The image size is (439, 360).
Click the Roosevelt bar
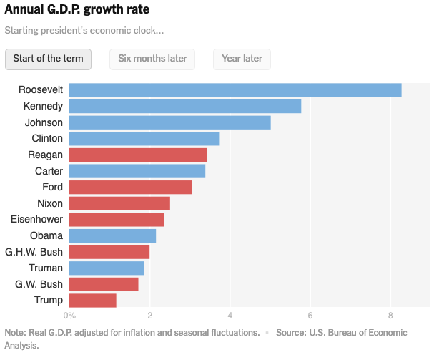[x=235, y=90]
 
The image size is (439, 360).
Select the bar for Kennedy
[x=185, y=107]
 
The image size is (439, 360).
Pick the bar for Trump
[x=93, y=300]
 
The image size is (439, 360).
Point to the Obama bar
[x=112, y=235]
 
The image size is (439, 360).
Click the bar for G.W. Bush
[x=104, y=284]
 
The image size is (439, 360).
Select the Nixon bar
[x=119, y=203]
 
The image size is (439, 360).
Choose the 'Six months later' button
[x=152, y=59]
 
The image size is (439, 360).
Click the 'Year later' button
[x=242, y=59]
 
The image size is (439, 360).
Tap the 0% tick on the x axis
[x=69, y=315]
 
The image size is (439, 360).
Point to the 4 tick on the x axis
[x=230, y=315]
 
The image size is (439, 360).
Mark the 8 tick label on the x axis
[x=390, y=315]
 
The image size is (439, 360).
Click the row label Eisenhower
[x=37, y=219]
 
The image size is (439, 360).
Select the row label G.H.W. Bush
[x=34, y=252]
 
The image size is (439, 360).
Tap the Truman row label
[x=46, y=268]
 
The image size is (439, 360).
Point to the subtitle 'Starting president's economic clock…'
[x=84, y=31]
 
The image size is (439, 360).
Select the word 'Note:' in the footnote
[x=16, y=333]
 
